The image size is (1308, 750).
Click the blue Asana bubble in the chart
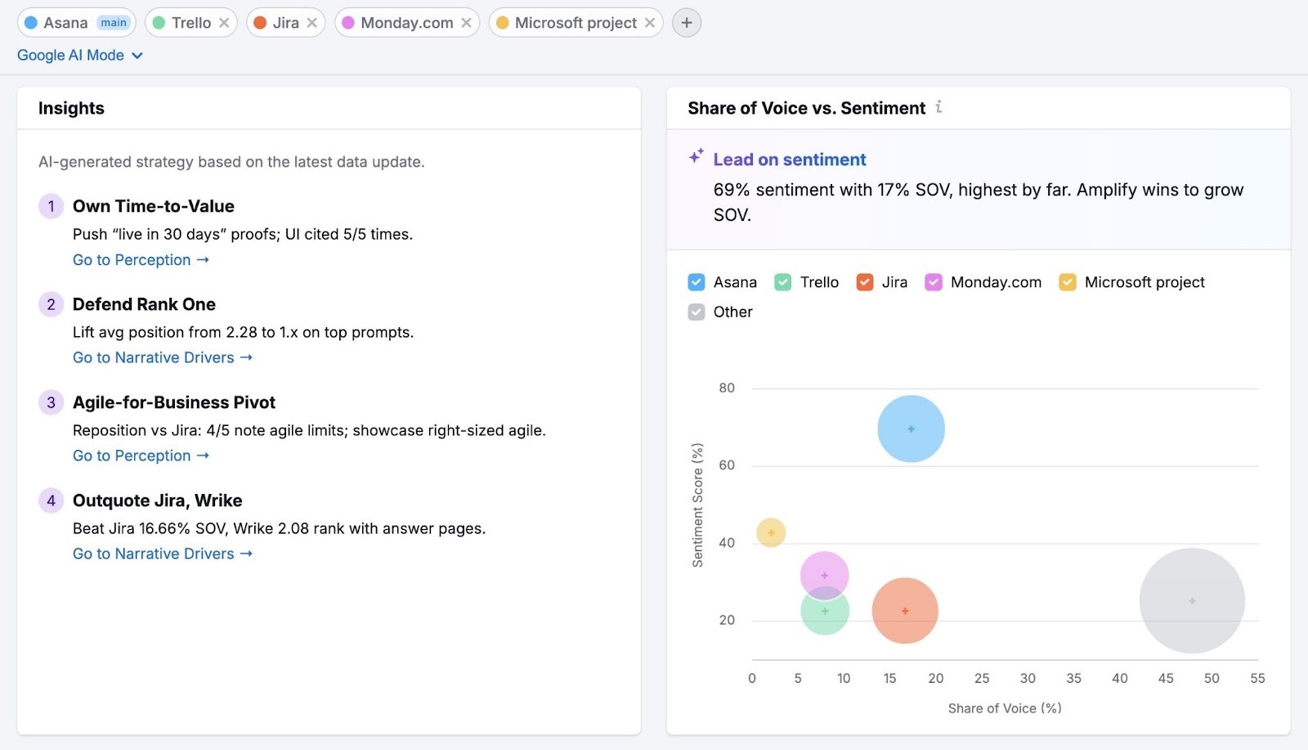click(911, 429)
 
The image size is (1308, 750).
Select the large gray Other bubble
click(1191, 600)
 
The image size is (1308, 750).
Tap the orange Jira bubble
click(904, 611)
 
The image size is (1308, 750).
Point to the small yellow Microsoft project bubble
click(770, 532)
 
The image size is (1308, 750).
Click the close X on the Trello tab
click(224, 23)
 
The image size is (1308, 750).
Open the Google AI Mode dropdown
click(80, 56)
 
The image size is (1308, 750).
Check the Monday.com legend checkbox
click(934, 282)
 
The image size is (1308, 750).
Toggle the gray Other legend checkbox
click(697, 312)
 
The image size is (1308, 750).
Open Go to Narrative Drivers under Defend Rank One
click(162, 357)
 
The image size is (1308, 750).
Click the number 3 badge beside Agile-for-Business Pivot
click(51, 402)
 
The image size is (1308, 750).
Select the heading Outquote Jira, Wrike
click(157, 501)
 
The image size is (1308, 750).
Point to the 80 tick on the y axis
click(726, 388)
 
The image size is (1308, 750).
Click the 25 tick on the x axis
click(981, 678)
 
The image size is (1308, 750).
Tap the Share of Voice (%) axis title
click(1004, 708)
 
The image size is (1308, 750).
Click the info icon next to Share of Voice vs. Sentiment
click(938, 107)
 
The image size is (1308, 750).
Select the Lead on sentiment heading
click(789, 159)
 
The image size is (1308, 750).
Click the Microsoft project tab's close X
click(650, 23)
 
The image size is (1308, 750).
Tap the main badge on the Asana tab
click(114, 23)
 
